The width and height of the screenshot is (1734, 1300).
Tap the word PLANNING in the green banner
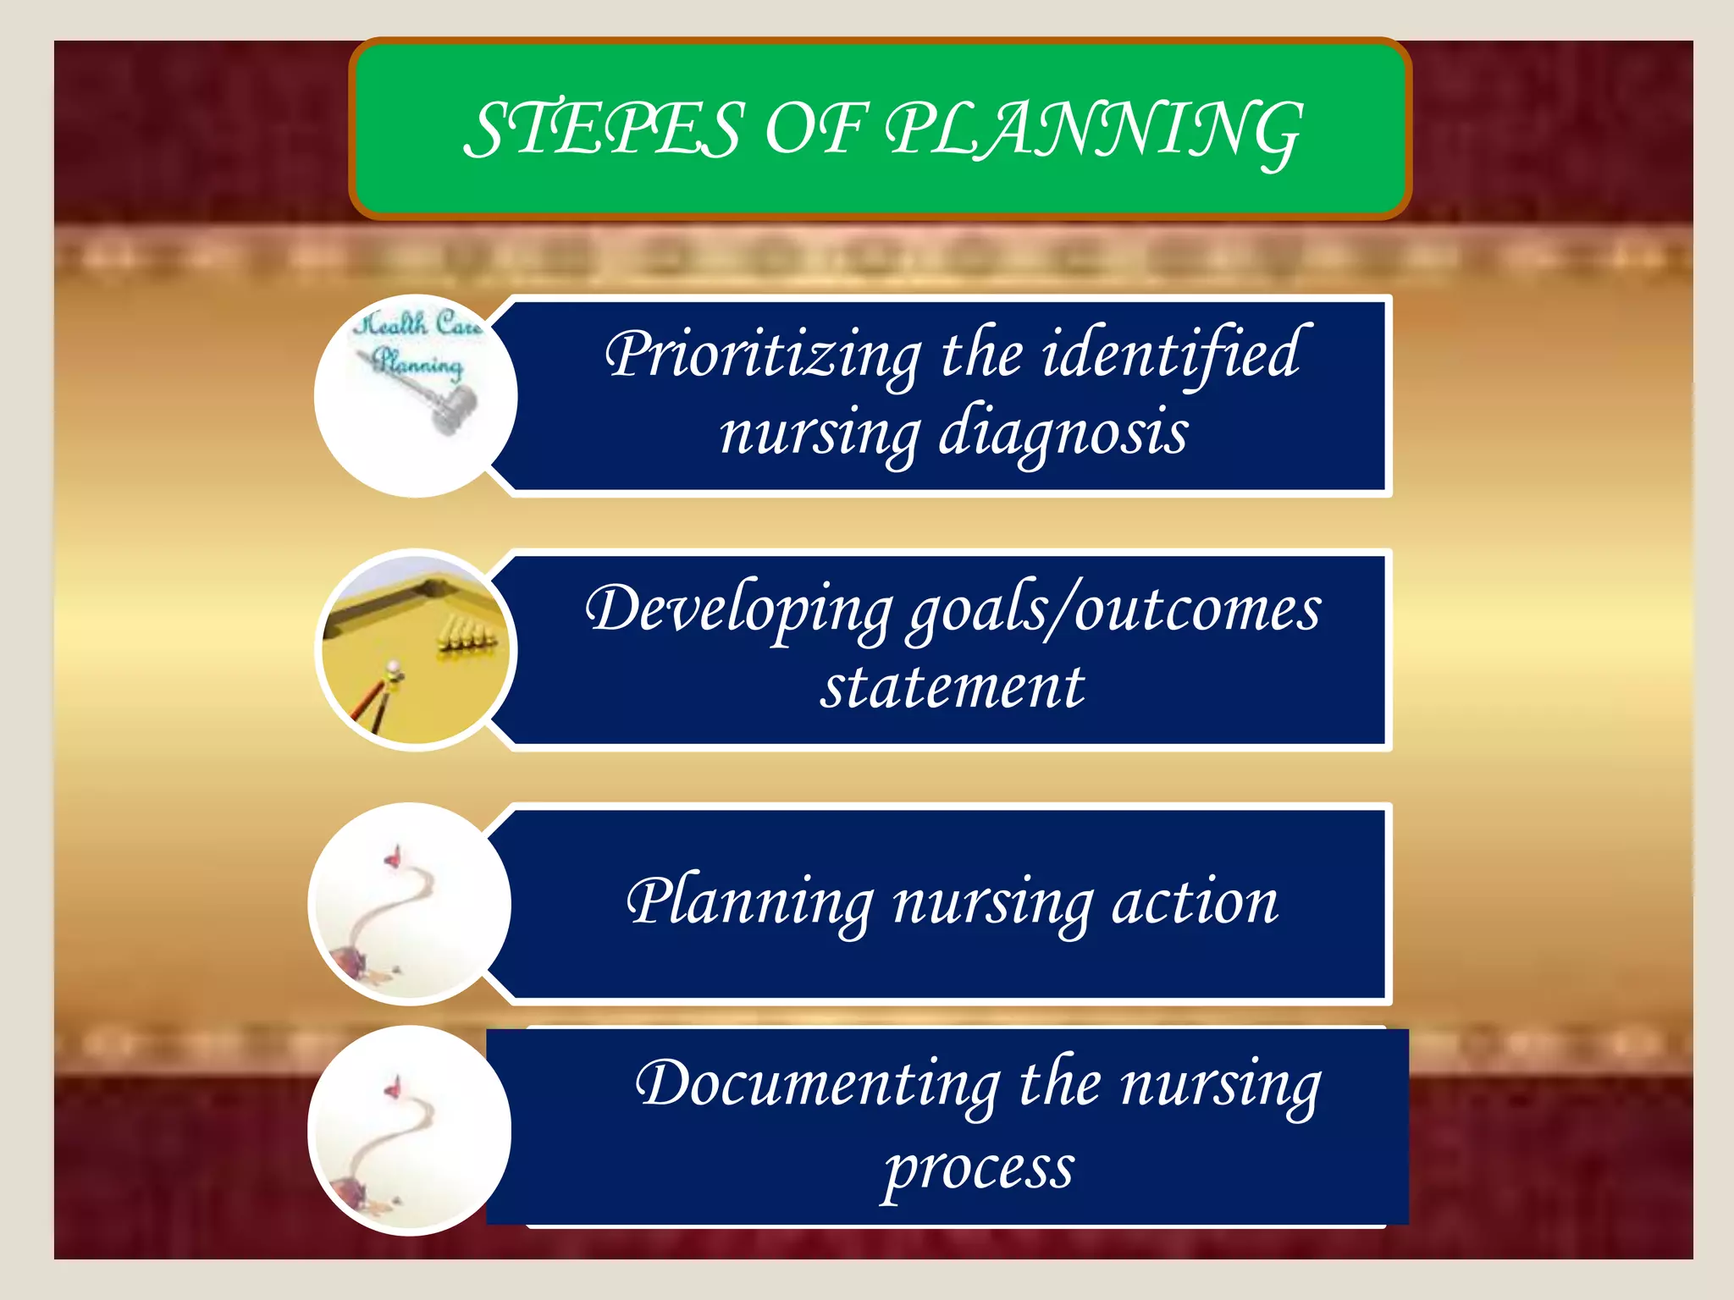[1093, 131]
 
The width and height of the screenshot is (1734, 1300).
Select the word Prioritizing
[763, 355]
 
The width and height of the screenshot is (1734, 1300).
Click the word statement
[953, 686]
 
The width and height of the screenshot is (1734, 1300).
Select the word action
[1195, 903]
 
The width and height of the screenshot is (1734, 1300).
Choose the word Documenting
[818, 1085]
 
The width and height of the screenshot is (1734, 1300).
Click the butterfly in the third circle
[393, 858]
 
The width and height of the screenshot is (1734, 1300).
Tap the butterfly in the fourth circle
[392, 1087]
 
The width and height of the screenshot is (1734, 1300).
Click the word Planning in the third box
[750, 903]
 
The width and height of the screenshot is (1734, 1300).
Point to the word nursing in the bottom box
[1220, 1085]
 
